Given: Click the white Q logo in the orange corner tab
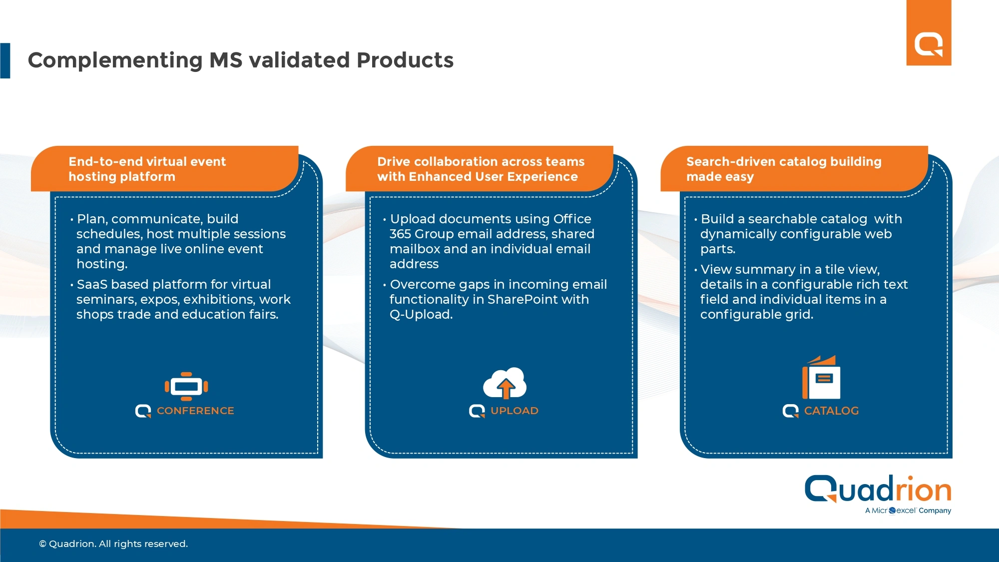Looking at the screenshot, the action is tap(929, 45).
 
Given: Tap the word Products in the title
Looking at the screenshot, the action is tap(405, 60).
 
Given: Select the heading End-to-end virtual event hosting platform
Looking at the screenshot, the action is tap(147, 169).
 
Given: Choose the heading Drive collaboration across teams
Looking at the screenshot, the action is tap(481, 161).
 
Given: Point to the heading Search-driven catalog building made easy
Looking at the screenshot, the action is tap(784, 169).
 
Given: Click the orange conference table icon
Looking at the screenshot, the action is tap(186, 386).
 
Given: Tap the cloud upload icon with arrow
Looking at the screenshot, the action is tap(504, 383).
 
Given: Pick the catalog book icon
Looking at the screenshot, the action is tap(821, 377).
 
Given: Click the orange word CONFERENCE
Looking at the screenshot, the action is tap(195, 411).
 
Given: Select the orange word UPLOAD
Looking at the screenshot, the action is tap(514, 411).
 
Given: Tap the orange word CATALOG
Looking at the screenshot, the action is tap(831, 411).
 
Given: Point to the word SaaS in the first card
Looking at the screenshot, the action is tap(92, 284).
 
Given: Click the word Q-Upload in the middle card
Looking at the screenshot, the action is tap(421, 314).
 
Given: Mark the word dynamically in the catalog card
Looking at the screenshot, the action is tap(738, 234).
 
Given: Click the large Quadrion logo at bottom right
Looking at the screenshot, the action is tap(878, 489).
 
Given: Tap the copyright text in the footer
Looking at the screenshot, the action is tap(113, 544).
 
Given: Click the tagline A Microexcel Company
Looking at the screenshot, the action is tap(908, 511).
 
